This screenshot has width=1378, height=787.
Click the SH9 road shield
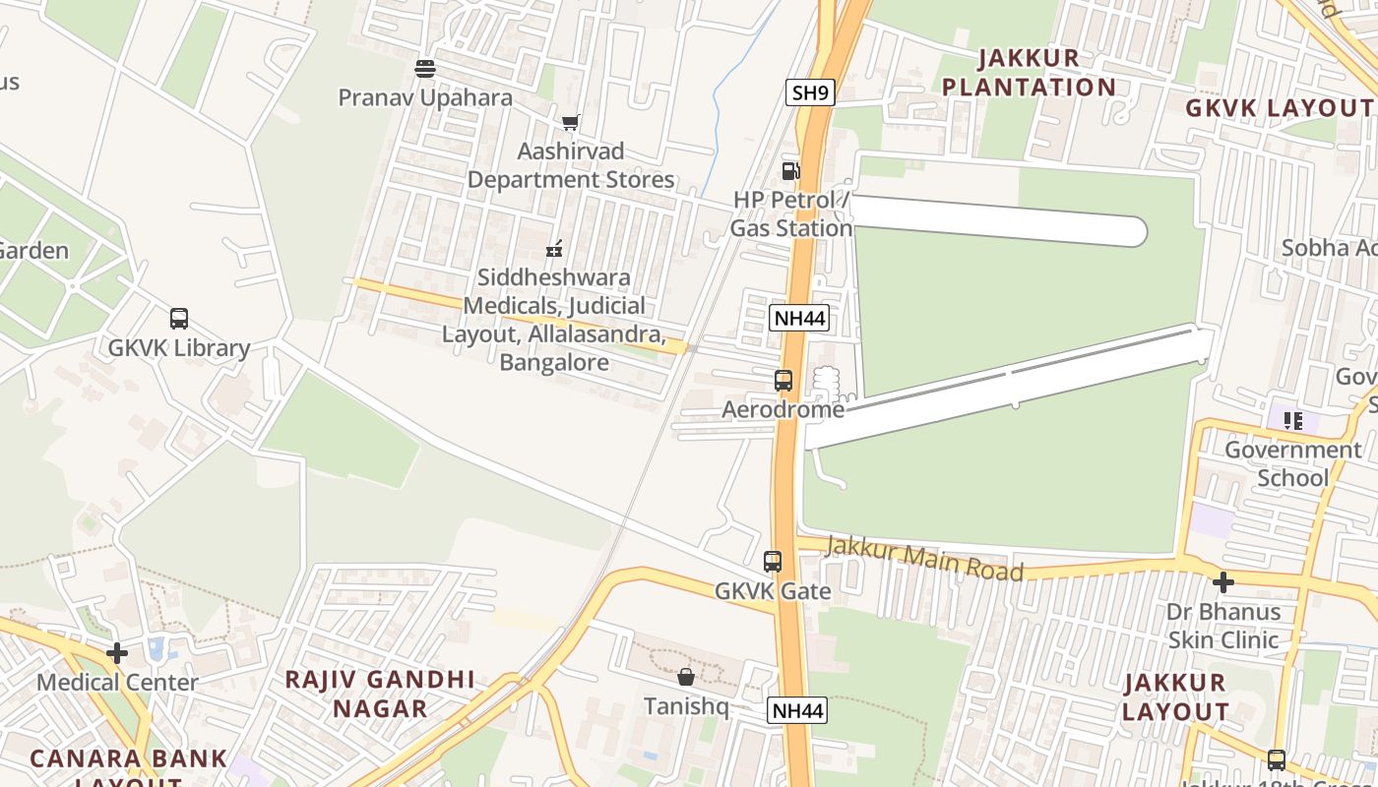pos(811,93)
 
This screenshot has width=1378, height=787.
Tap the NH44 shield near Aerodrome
pos(798,318)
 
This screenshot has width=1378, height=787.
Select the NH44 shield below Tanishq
pos(797,710)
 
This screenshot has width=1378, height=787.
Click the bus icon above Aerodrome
pos(783,381)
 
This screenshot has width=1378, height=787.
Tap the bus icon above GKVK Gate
pos(773,562)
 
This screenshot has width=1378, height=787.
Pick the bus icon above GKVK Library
pos(179,319)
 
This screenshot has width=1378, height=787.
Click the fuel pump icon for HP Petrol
pos(790,171)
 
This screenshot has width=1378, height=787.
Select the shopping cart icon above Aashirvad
pos(570,123)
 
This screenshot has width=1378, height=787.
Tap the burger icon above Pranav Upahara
pos(425,69)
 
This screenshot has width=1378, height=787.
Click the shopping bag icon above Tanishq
pos(686,677)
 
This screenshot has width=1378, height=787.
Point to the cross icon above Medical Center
pos(117,652)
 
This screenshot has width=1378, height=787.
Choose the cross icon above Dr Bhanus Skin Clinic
pos(1222,582)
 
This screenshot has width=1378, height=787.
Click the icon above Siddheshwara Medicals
pos(555,248)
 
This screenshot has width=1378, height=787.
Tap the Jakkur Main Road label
pos(924,558)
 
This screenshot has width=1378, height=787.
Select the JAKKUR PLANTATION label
pos(1030,73)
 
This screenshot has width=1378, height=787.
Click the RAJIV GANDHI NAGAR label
pos(380,694)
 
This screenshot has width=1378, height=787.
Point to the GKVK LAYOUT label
pos(1279,108)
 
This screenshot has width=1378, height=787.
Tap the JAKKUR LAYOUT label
pos(1175,696)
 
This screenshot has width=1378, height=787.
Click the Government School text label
pos(1292,464)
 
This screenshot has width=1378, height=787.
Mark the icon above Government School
pos(1293,421)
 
